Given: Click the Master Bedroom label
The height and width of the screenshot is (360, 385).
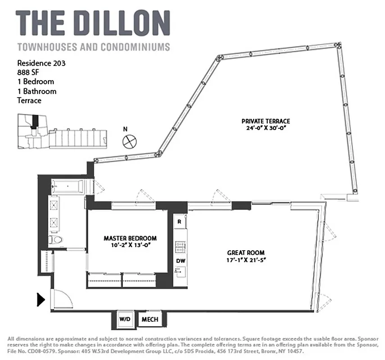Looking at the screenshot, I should point(130,238).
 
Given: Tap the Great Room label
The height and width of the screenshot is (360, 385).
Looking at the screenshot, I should point(245,252).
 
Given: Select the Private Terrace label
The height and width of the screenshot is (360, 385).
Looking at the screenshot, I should point(265,121).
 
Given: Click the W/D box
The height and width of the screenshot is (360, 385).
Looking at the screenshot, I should point(124,319).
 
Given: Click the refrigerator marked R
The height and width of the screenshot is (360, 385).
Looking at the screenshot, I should point(179,222).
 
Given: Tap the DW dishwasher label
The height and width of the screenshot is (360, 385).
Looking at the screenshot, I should point(180,261).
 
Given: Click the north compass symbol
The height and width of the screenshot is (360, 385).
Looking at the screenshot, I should point(129,140).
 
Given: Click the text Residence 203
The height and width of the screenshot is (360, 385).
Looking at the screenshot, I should point(41,63).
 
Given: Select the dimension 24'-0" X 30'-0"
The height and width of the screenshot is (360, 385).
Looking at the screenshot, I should point(265,128).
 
